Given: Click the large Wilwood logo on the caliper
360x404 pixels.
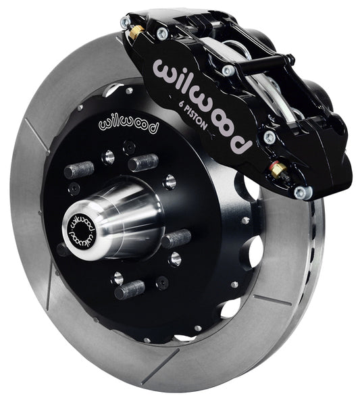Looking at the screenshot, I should [203, 101].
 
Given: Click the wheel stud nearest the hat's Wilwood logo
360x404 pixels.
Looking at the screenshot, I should [143, 162].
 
